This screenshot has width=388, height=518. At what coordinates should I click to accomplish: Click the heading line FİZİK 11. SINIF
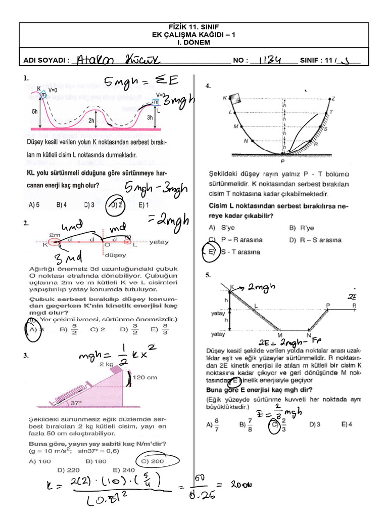pyautogui.click(x=195, y=27)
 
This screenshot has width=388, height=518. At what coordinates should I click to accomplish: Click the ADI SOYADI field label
pyautogui.click(x=46, y=61)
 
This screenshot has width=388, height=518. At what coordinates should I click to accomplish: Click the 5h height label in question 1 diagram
pyautogui.click(x=34, y=111)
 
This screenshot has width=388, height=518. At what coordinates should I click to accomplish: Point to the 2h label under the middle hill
pyautogui.click(x=91, y=121)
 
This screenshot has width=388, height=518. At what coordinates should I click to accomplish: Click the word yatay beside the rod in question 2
pyautogui.click(x=160, y=242)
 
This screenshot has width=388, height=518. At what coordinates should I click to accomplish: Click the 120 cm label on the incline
pyautogui.click(x=145, y=377)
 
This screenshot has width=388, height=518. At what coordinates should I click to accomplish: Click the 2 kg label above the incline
pyautogui.click(x=106, y=364)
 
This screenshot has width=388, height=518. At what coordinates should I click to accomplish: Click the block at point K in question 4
pyautogui.click(x=235, y=99)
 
